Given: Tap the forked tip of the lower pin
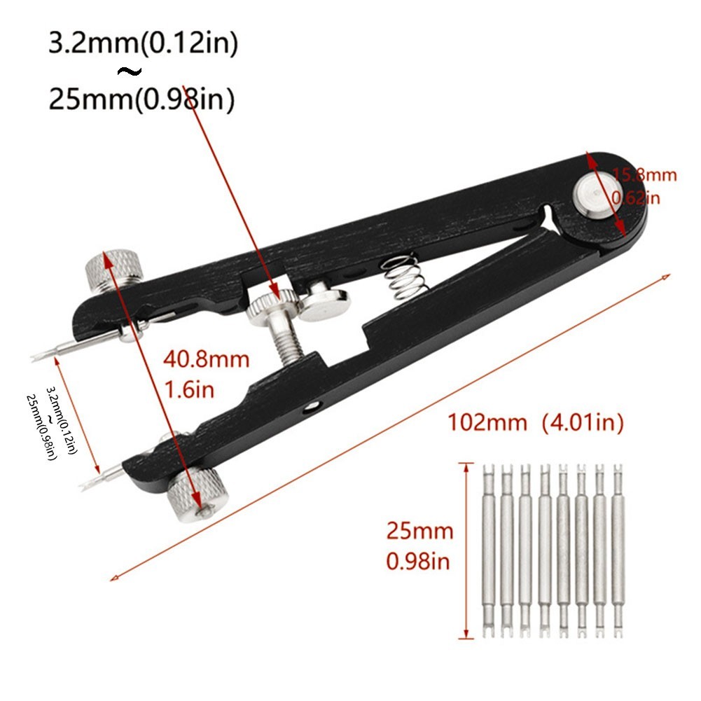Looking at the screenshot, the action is point(87,484).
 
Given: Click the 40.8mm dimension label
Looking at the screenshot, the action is point(206,360).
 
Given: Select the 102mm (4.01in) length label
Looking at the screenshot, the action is point(535,422).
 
